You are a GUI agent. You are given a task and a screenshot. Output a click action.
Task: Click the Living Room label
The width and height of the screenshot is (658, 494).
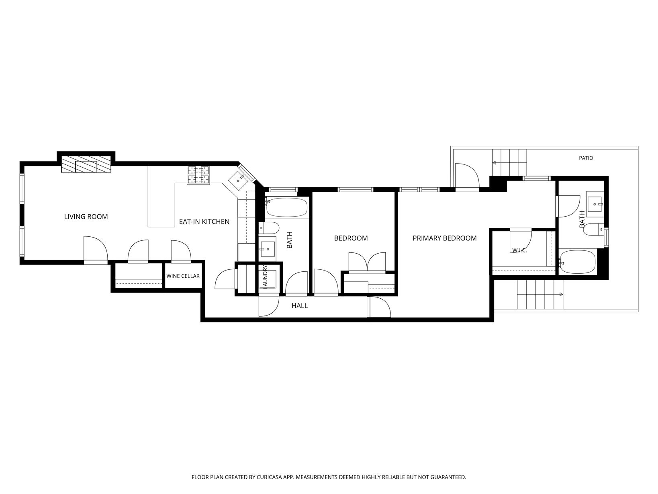[86, 217]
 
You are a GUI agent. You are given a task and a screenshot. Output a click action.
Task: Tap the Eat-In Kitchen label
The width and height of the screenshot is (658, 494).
[204, 221]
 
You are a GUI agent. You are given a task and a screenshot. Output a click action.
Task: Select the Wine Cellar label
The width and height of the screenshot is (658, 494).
[183, 276]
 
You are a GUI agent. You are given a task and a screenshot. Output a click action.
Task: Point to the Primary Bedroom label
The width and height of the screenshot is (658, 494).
[445, 238]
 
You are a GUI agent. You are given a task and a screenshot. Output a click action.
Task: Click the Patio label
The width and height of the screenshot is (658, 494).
[586, 158]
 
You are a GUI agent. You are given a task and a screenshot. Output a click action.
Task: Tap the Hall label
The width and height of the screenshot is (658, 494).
[299, 305]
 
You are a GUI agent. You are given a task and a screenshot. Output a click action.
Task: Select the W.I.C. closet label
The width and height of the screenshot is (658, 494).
[519, 250]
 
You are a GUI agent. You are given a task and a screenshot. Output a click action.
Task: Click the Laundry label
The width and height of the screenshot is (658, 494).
[265, 277]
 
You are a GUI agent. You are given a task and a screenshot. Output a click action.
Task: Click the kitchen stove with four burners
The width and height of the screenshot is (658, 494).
[198, 175]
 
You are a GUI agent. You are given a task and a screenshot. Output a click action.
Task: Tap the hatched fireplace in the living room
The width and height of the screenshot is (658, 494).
[86, 164]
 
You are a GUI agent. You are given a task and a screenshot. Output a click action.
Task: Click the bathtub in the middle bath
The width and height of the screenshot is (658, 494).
[286, 207]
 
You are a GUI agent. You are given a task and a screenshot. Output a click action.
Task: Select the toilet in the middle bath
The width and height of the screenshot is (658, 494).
[269, 228]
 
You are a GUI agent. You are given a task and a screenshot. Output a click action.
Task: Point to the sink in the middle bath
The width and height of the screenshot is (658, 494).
[267, 248]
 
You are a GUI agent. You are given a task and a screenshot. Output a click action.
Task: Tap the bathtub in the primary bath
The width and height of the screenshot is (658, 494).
[578, 262]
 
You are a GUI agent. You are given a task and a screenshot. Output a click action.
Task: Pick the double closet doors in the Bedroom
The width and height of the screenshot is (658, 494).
[367, 262]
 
